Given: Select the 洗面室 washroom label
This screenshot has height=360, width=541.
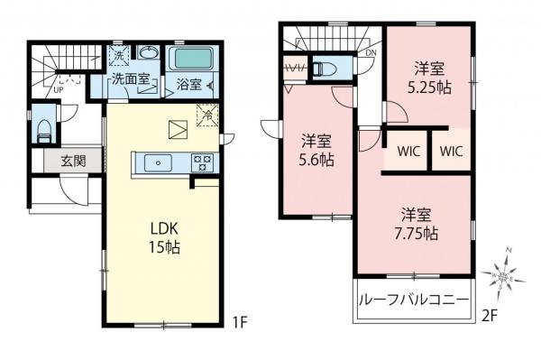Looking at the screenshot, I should pos(130,81).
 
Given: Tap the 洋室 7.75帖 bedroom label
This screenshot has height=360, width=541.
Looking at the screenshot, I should pos(418,224).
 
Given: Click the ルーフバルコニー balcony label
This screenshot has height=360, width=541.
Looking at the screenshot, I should pos(412,300).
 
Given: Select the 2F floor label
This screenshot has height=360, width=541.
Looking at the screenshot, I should pos(490,316).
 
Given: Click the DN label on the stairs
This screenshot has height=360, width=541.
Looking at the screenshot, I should pos(371,53).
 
